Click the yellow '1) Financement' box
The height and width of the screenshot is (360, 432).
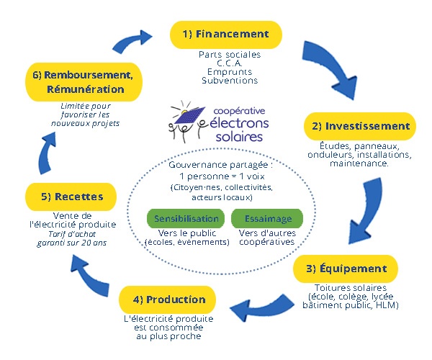coord(225,35)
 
